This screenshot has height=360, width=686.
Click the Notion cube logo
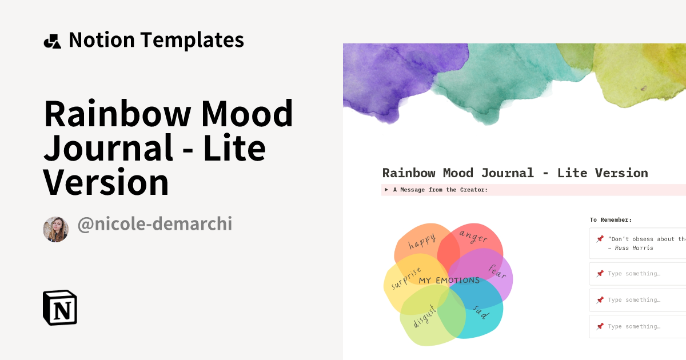pyautogui.click(x=60, y=307)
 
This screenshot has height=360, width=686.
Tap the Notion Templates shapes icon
pyautogui.click(x=52, y=41)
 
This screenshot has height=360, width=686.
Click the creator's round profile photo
pyautogui.click(x=55, y=229)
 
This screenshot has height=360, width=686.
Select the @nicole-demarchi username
pyautogui.click(x=154, y=224)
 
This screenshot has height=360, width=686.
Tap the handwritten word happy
pyautogui.click(x=422, y=241)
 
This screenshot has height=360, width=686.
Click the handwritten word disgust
pyautogui.click(x=425, y=315)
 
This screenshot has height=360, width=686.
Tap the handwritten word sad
pyautogui.click(x=481, y=312)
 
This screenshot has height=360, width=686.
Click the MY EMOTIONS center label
pyautogui.click(x=449, y=281)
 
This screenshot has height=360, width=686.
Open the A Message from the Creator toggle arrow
pyautogui.click(x=387, y=190)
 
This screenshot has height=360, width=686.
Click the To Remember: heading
pyautogui.click(x=611, y=219)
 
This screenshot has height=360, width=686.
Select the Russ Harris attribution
pyautogui.click(x=633, y=248)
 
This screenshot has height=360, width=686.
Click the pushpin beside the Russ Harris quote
pyautogui.click(x=600, y=239)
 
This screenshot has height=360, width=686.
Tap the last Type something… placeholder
pyautogui.click(x=634, y=326)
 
